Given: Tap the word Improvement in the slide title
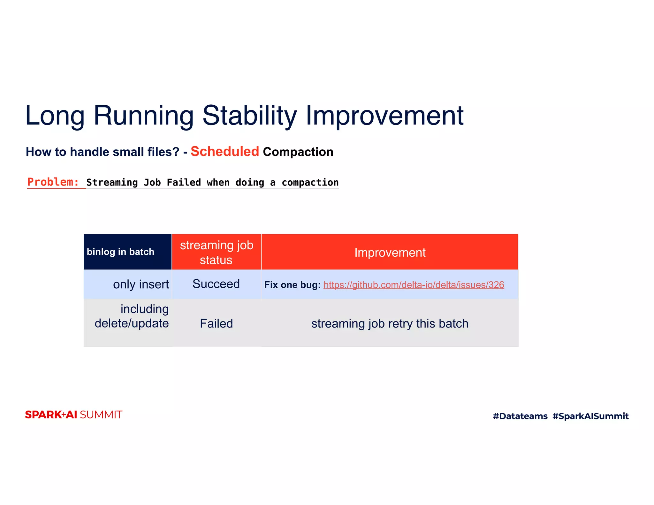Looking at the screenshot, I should tap(384, 116).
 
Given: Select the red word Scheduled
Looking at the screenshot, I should tap(224, 152).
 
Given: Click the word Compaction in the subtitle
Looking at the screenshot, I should tap(298, 152).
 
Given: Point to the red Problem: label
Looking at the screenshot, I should tap(53, 182).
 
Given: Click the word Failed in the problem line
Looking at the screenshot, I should tap(184, 183).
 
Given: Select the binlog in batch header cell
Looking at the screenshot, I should tap(121, 252).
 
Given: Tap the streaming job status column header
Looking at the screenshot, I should tap(217, 252).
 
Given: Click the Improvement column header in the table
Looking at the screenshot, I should tap(390, 253).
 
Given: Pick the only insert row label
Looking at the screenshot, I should tap(141, 284).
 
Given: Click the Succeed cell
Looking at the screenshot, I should tap(216, 284).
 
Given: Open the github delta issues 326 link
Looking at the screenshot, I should tap(414, 285).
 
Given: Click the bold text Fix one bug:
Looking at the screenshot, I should tap(292, 285).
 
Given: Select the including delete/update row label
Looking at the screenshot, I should tap(132, 316).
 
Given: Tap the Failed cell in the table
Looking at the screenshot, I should tap(216, 323).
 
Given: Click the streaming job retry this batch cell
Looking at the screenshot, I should tap(390, 323).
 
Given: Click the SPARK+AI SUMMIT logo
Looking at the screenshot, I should tap(73, 415).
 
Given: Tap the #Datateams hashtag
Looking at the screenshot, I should tap(520, 416).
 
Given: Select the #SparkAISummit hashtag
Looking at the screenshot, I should tap(590, 416).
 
